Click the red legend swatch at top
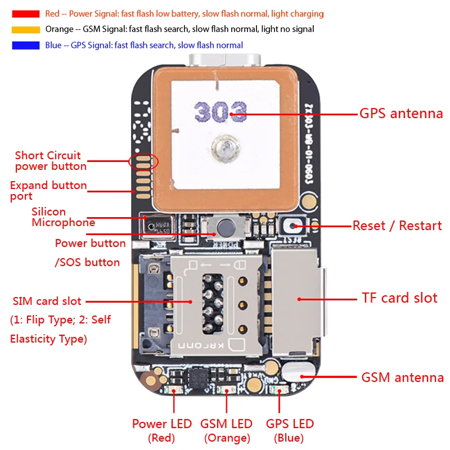(x=25, y=13)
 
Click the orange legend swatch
(x=25, y=29)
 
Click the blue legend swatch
(x=25, y=45)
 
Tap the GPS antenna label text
(x=401, y=114)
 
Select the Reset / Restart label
(x=397, y=226)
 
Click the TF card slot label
(x=399, y=298)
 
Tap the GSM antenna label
(x=402, y=377)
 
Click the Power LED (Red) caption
(x=162, y=430)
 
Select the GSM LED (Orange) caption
(x=227, y=430)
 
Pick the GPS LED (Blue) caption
(x=290, y=430)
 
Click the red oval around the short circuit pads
(x=143, y=162)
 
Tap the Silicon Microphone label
(x=63, y=217)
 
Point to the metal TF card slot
(x=296, y=298)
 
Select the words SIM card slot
(x=47, y=301)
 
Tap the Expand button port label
(x=48, y=190)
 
